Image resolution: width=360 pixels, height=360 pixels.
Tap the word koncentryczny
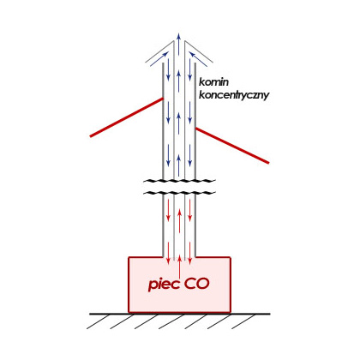[x=234, y=95]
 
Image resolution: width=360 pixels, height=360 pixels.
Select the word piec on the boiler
[x=164, y=284]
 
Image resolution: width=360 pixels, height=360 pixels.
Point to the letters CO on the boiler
[x=196, y=284]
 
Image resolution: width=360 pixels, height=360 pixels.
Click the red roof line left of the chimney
[x=127, y=117]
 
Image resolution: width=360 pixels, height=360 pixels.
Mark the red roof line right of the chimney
[x=232, y=146]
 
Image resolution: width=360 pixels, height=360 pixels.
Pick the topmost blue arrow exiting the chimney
[x=179, y=44]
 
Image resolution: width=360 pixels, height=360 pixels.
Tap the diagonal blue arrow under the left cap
[x=159, y=59]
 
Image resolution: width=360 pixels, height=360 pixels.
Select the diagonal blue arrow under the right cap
[x=198, y=59]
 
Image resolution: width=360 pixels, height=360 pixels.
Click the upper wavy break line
[x=179, y=181]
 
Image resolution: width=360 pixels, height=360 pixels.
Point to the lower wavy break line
[x=179, y=193]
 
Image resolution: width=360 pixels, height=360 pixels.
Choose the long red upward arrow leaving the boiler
[x=179, y=266]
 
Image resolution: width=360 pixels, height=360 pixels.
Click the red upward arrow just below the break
[x=179, y=220]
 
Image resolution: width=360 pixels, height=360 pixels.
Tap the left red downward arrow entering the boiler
[x=168, y=253]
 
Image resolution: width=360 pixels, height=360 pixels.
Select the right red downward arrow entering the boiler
[x=190, y=253]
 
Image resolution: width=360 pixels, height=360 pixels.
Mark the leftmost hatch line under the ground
[x=98, y=321]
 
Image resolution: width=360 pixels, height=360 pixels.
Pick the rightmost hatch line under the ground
[x=243, y=321]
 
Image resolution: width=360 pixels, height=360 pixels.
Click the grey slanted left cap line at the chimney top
[x=159, y=51]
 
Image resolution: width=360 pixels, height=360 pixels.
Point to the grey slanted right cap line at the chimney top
[x=199, y=51]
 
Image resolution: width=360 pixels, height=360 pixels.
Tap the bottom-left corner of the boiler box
[x=129, y=312]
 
